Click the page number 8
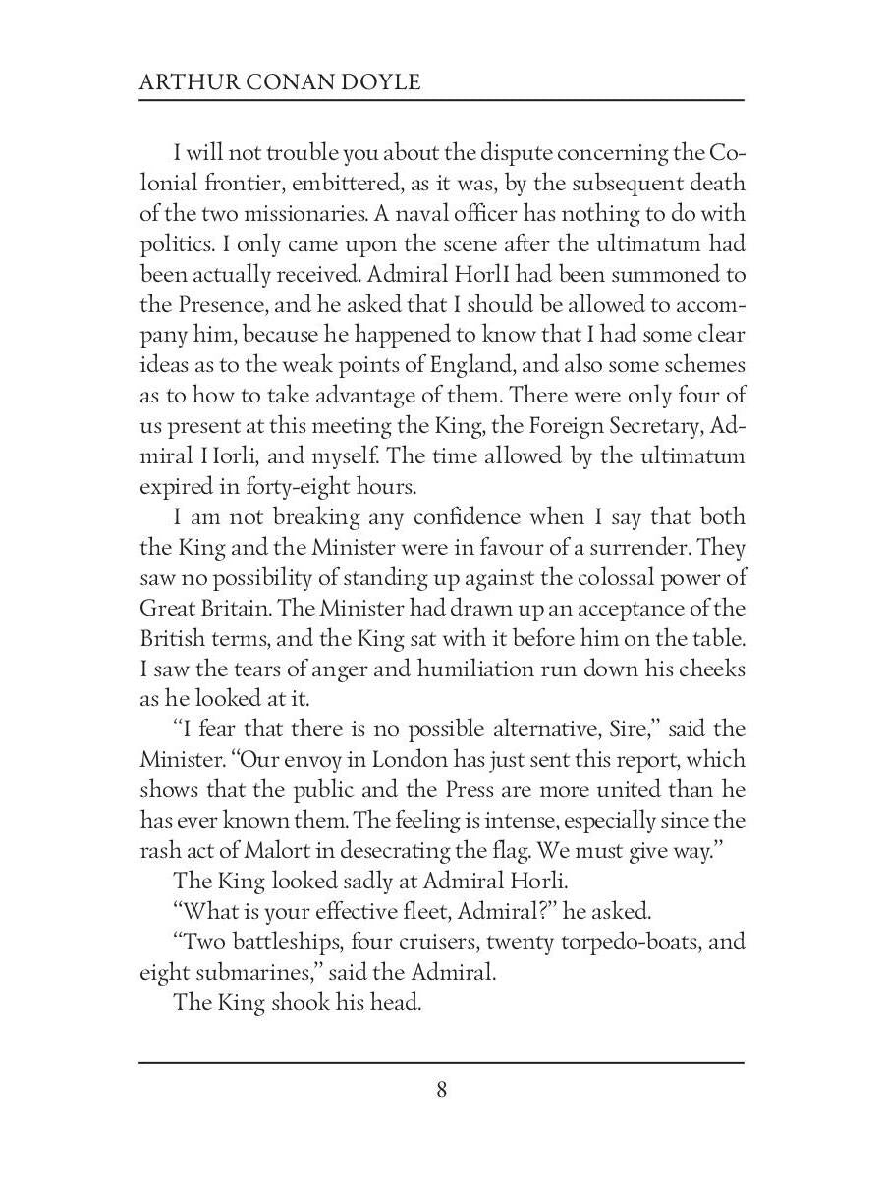click(x=442, y=1090)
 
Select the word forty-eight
click(x=303, y=486)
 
